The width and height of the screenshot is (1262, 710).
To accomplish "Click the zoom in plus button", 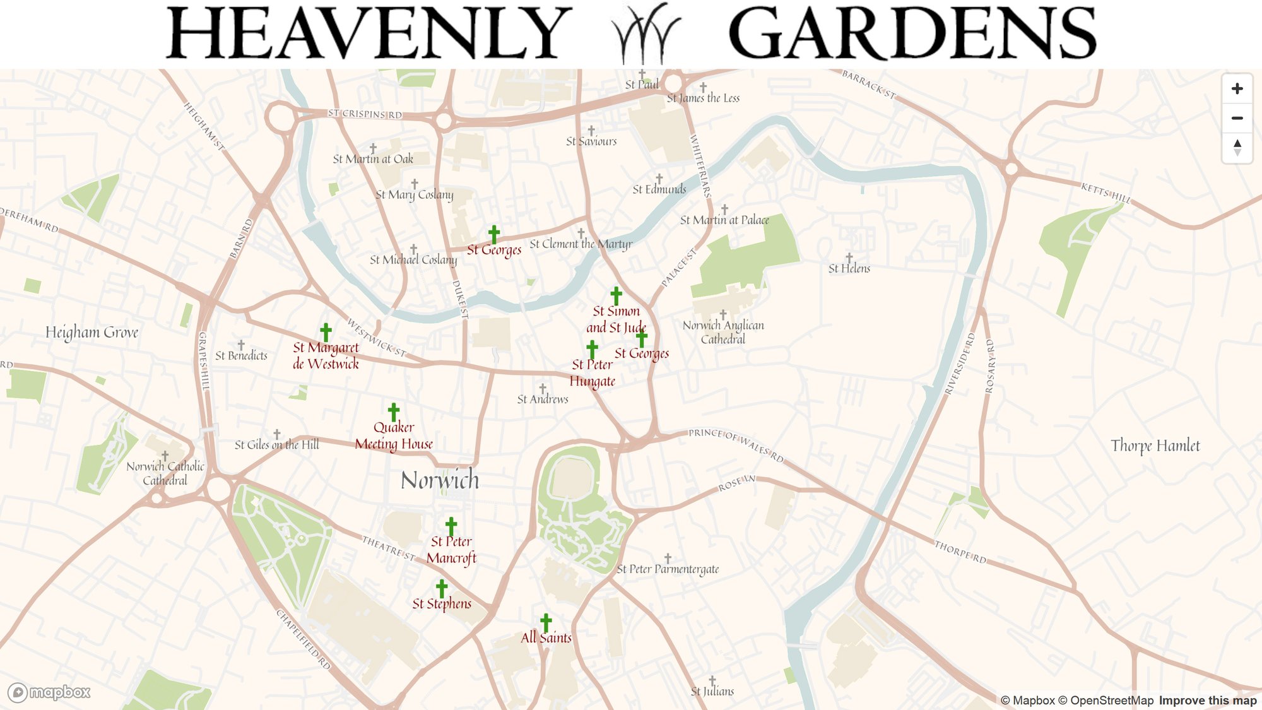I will [1237, 89].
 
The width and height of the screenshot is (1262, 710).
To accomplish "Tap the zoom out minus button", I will [1237, 118].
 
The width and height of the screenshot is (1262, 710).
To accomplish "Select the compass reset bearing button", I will [1237, 148].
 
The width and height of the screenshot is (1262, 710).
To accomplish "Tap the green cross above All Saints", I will [546, 622].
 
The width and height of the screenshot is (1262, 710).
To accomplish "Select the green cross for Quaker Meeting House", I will [394, 412].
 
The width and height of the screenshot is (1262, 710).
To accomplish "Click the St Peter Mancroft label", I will [451, 550].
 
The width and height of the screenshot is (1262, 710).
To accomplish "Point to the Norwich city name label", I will [440, 480].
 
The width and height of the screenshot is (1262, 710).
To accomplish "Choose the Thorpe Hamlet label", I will [1155, 446].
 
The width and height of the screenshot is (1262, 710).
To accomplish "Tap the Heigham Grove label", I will [91, 333].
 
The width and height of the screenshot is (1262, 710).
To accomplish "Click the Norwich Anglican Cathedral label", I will [723, 332].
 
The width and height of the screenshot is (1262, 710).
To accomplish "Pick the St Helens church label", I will [849, 268].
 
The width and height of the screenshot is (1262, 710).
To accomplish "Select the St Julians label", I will [712, 691].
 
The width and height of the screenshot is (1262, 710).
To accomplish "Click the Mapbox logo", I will [49, 692].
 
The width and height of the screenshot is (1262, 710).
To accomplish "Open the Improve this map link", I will [1207, 701].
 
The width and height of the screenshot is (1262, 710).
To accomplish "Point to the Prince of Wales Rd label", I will [736, 444].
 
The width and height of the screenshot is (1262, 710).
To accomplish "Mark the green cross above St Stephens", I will [442, 588].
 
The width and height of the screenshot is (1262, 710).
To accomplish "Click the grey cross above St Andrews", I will [543, 388].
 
